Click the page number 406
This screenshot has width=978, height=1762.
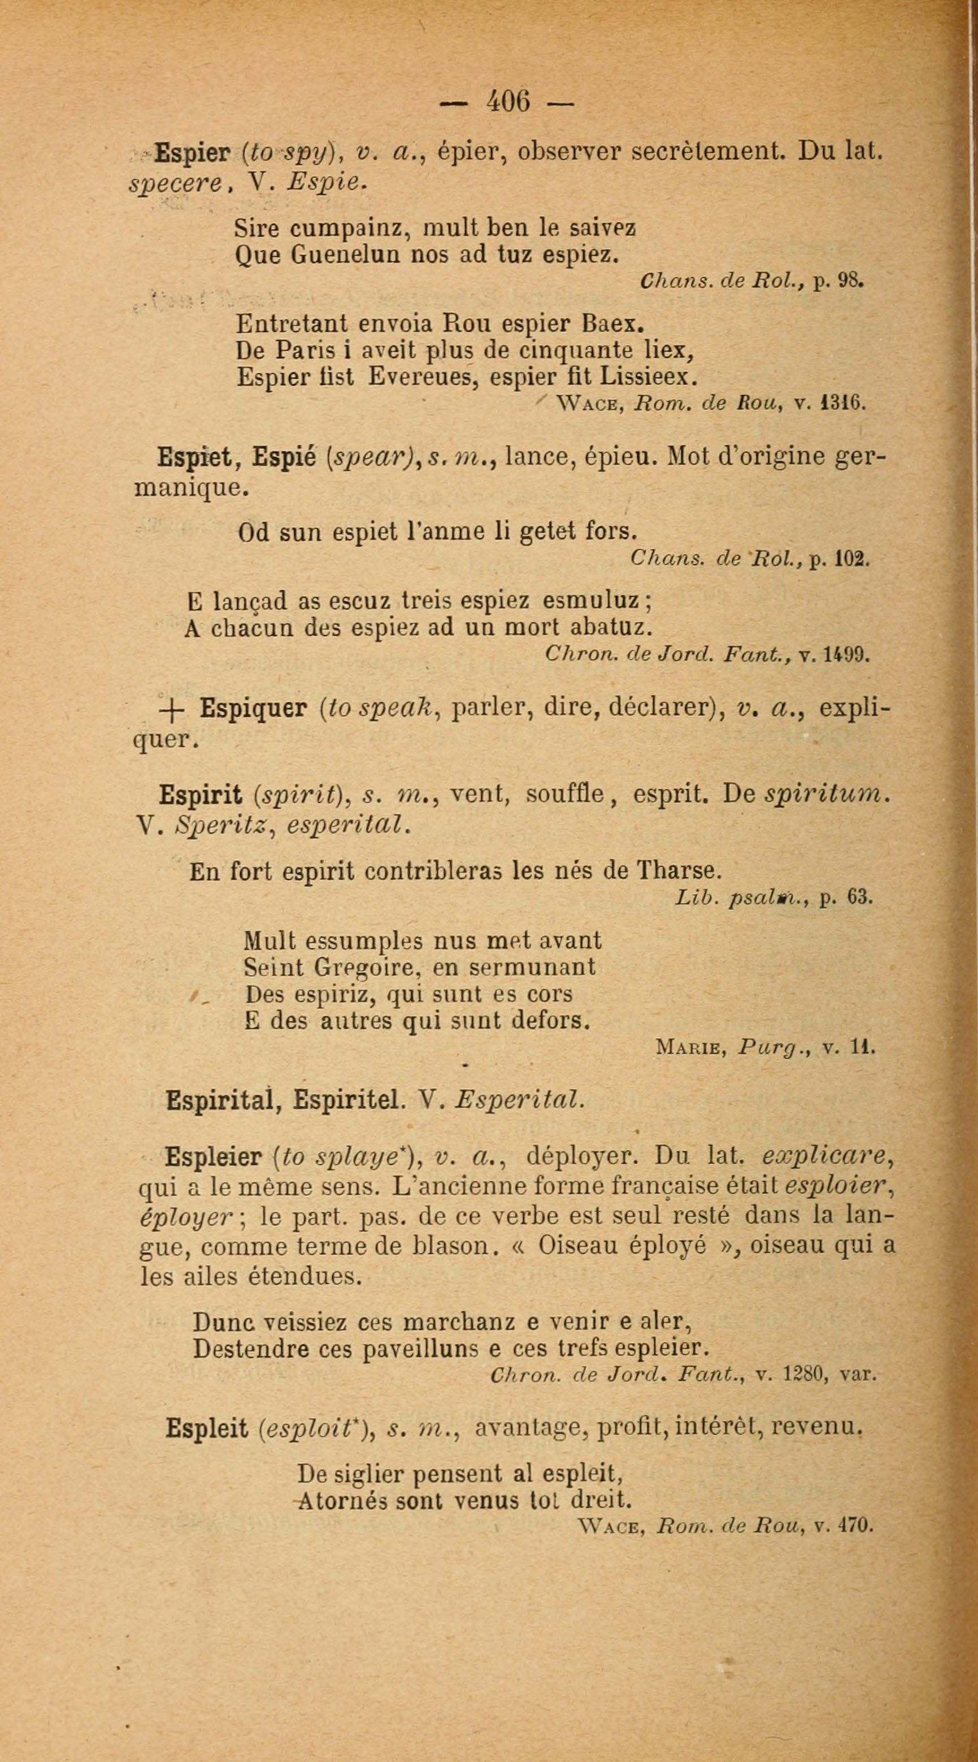coord(507,103)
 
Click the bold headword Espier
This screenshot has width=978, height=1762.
coord(192,152)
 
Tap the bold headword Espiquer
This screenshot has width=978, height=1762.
coord(253,709)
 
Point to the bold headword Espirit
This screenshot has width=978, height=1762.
coord(201,795)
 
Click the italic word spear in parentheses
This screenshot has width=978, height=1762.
coord(373,457)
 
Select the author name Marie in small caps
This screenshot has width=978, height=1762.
coord(690,1047)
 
